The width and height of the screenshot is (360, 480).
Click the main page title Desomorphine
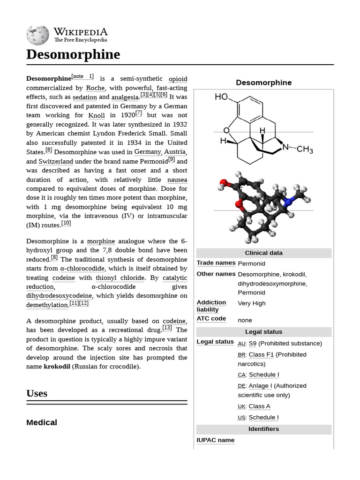[73, 54]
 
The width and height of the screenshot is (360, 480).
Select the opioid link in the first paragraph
[178, 79]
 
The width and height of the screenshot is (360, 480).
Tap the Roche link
[96, 88]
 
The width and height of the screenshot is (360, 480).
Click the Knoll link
[97, 115]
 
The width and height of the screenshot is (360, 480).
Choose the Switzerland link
[56, 161]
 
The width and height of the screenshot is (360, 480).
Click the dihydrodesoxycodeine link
[59, 296]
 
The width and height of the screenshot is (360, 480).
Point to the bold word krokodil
[57, 367]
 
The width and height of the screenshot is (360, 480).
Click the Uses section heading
[37, 393]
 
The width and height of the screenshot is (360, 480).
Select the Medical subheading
[42, 422]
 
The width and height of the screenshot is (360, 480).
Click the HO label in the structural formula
[221, 97]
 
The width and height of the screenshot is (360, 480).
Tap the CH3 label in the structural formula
[305, 150]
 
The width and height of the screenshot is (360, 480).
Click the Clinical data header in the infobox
[263, 253]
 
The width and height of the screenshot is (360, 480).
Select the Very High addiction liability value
[252, 303]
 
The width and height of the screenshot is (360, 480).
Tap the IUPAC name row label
[215, 440]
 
